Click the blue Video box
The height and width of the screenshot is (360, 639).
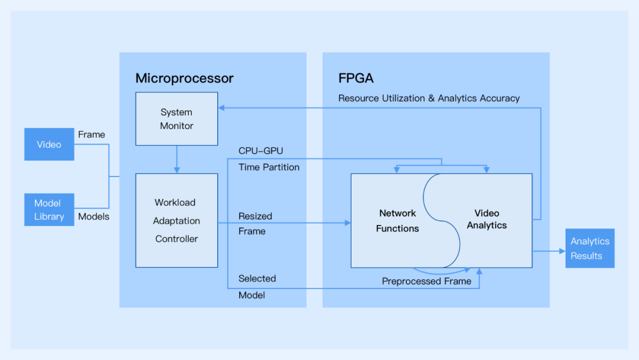pyautogui.click(x=49, y=144)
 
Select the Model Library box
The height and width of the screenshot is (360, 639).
pyautogui.click(x=49, y=210)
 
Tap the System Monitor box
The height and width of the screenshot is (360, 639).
pyautogui.click(x=176, y=118)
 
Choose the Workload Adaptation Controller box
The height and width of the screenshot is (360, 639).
pyautogui.click(x=176, y=220)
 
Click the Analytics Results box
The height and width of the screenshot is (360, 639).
pyautogui.click(x=589, y=248)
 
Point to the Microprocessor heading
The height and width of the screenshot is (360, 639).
pyautogui.click(x=185, y=78)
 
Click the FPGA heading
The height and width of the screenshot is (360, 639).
pyautogui.click(x=356, y=78)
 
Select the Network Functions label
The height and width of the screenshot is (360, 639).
pyautogui.click(x=398, y=220)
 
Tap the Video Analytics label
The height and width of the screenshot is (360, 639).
pyautogui.click(x=486, y=218)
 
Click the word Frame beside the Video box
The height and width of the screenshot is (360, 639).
pyautogui.click(x=92, y=134)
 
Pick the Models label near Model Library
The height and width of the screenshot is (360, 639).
pyautogui.click(x=93, y=217)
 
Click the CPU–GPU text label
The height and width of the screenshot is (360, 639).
pyautogui.click(x=261, y=151)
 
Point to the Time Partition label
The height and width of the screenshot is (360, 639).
pyautogui.click(x=269, y=167)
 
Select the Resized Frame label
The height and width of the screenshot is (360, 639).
pyautogui.click(x=255, y=224)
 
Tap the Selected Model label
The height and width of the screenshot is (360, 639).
pyautogui.click(x=257, y=287)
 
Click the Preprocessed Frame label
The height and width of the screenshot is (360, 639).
pyautogui.click(x=427, y=281)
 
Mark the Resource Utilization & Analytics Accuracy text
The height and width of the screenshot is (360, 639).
pyautogui.click(x=429, y=98)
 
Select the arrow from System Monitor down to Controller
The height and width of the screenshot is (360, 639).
pyautogui.click(x=176, y=159)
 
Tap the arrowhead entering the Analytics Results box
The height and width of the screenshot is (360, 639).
pyautogui.click(x=562, y=251)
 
